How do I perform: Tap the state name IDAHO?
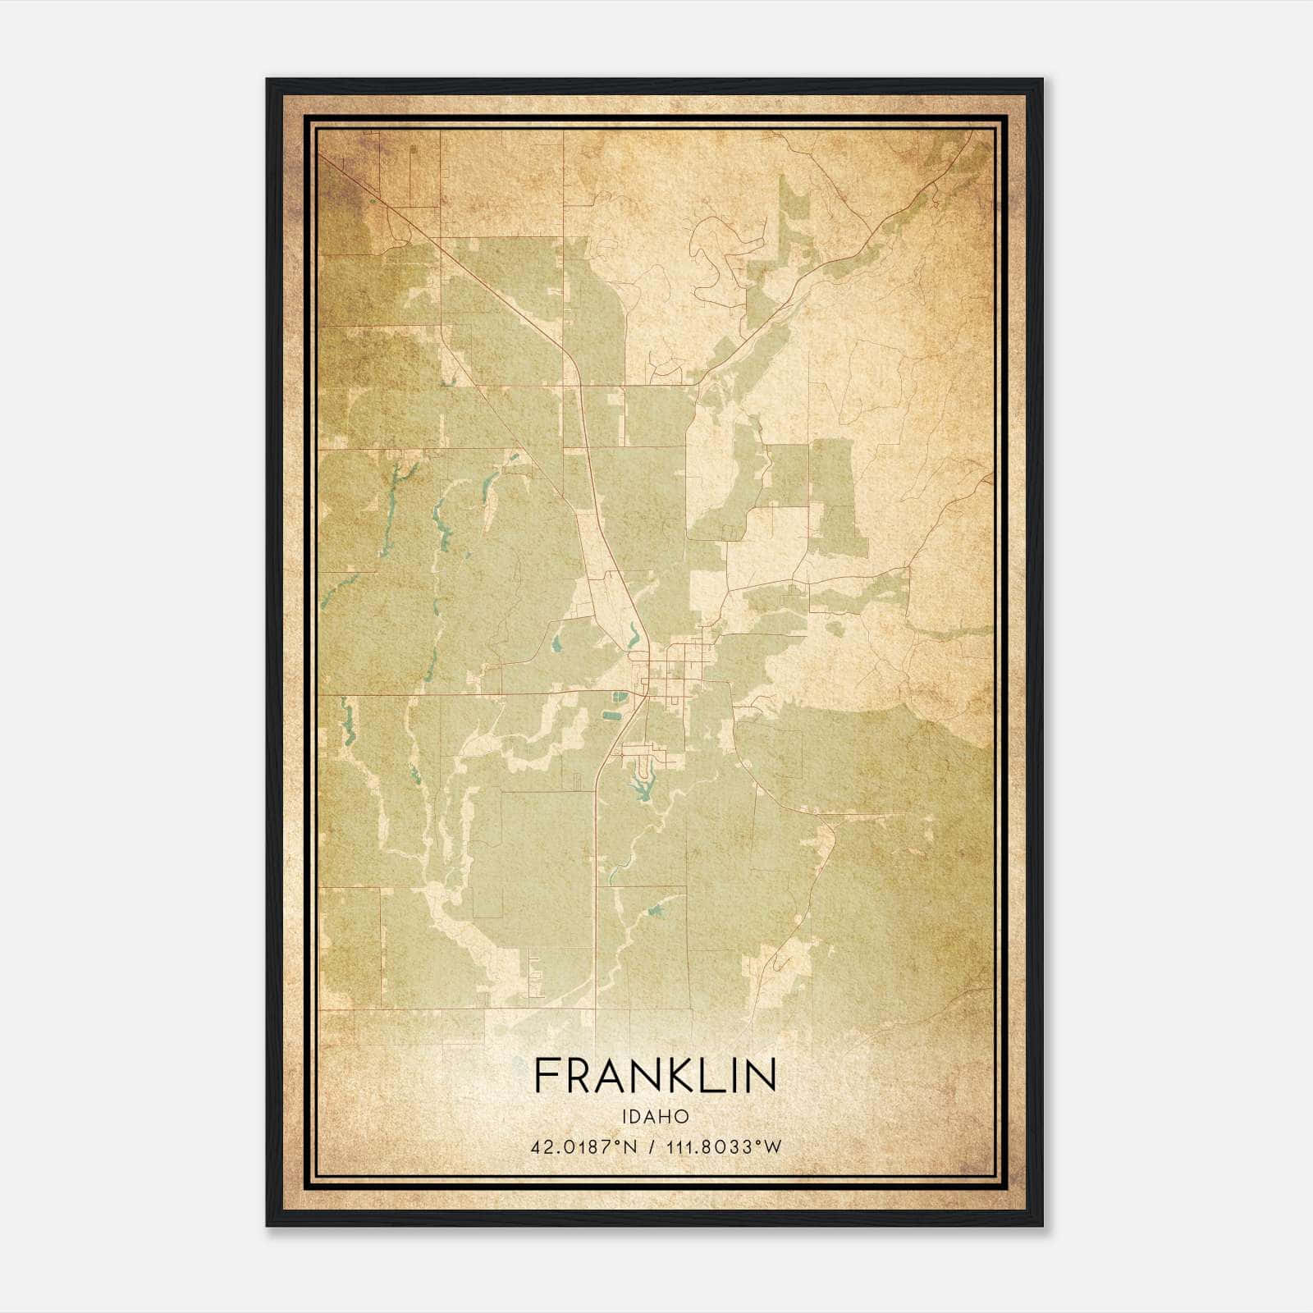[x=655, y=1117]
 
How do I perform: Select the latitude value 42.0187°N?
[x=584, y=1146]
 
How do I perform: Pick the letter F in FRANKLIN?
[x=547, y=1075]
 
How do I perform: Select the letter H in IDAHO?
[x=669, y=1117]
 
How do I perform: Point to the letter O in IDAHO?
[x=684, y=1117]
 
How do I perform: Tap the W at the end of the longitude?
[x=772, y=1146]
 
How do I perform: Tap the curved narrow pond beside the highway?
[x=634, y=634]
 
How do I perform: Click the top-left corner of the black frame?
[x=268, y=80]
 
